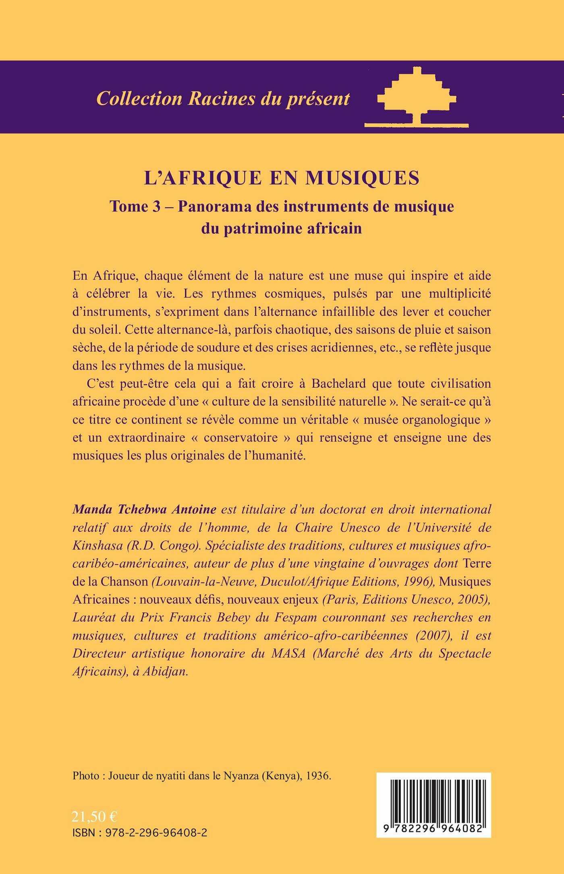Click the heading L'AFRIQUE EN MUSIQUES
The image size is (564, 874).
click(x=282, y=178)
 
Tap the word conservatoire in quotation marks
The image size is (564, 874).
click(x=241, y=438)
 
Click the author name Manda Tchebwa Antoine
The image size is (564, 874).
click(x=145, y=509)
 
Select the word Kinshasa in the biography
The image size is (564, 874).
click(x=97, y=545)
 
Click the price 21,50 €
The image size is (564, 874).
click(x=94, y=817)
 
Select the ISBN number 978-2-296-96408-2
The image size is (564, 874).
click(x=156, y=833)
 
